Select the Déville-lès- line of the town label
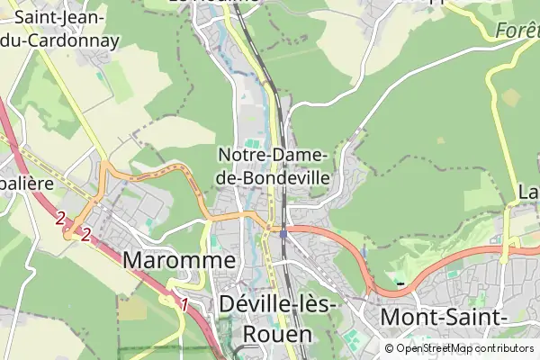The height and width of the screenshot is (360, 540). [x=276, y=306]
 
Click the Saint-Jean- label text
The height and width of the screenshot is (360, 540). [x=59, y=18]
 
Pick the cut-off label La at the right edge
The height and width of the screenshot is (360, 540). [x=528, y=193]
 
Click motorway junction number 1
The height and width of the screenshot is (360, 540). [x=184, y=304]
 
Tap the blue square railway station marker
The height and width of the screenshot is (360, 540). [x=283, y=234]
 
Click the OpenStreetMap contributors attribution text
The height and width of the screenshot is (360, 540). [x=464, y=348]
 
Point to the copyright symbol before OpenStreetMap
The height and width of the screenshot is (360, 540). [x=389, y=348]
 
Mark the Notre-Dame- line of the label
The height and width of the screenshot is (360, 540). [x=274, y=156]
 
